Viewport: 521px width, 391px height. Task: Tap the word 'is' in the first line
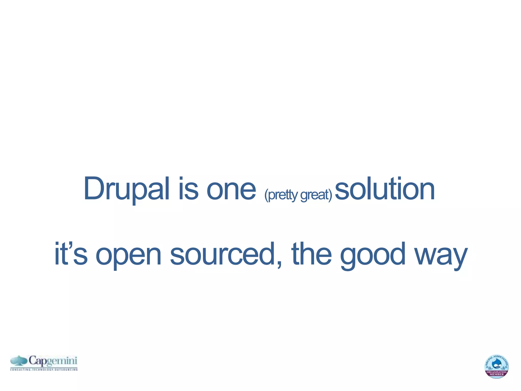coord(188,189)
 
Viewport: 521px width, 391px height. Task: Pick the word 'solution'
coord(385,189)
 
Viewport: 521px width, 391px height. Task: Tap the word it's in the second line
coord(71,254)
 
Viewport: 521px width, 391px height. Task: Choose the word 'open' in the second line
coord(128,256)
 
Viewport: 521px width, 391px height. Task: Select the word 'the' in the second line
coord(311,254)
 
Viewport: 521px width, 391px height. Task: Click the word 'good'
coord(373,256)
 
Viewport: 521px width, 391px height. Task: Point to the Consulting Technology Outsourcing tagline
coord(44,369)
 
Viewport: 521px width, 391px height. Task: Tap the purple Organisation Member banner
coord(496,373)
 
